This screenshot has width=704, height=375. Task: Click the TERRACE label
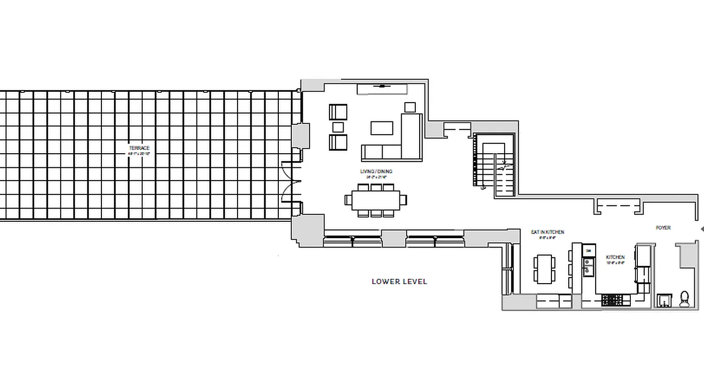pos(139,148)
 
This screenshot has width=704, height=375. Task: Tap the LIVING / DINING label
pos(376,172)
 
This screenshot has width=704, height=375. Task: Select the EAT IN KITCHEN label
pos(547,232)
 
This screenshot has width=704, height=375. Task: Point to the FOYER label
pos(663,228)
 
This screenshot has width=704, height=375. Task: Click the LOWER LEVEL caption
pos(399,282)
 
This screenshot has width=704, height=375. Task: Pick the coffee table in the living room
pos(382,128)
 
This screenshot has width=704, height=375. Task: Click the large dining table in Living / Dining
pos(375,200)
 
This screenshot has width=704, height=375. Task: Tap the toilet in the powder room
pos(684,299)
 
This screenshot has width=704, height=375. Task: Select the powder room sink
pos(664,300)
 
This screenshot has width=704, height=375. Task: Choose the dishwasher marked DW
pos(589,251)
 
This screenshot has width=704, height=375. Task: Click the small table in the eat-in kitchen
pos(544,269)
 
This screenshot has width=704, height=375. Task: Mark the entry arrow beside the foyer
pos(702,229)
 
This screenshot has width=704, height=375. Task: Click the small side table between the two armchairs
pos(338,127)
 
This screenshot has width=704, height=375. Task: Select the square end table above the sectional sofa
pos(410,107)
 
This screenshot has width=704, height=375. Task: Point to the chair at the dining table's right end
pos(404,200)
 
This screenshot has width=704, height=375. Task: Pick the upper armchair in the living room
pos(338,112)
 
